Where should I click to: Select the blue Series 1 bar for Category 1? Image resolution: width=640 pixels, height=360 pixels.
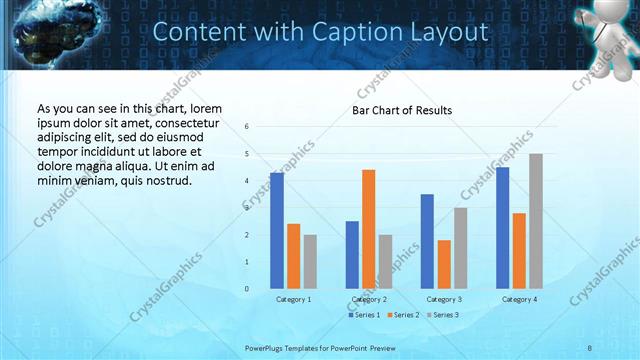pos(277,230)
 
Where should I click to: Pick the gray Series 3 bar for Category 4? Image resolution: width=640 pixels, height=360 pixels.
pos(536,221)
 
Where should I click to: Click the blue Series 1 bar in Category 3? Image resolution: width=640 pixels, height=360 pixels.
pos(427,241)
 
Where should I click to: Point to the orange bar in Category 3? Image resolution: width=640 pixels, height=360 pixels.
pos(444,264)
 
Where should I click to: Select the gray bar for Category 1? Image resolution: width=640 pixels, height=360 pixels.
pos(310,262)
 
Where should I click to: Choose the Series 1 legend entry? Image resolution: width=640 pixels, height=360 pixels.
pos(365,315)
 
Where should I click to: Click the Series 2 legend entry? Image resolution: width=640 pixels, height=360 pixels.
pos(402,315)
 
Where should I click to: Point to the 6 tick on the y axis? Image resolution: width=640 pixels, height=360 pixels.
pos(247,127)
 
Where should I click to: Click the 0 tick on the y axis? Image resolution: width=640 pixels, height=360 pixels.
pos(247,289)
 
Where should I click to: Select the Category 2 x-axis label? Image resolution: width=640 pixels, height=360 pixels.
pos(368,299)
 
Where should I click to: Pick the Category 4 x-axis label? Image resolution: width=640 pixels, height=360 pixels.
pos(518,299)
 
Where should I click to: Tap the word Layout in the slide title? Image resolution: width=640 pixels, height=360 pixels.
pos(453,32)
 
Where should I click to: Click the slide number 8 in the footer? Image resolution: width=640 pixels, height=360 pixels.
pos(591,347)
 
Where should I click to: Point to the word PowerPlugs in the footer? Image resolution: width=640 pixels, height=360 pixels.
pos(267,347)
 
